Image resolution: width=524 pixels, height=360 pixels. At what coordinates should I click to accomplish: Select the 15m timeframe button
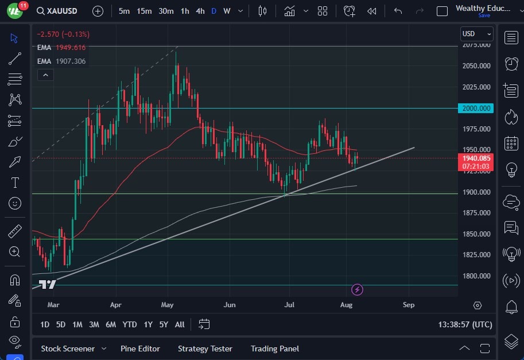point(144,11)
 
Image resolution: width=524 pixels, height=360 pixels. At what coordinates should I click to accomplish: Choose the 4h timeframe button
point(200,11)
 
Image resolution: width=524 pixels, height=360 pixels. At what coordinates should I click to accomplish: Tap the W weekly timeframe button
point(227,11)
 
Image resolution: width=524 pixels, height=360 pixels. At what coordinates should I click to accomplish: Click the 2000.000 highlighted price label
point(476,108)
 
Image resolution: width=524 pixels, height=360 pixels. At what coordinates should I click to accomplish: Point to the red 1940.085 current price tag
point(476,158)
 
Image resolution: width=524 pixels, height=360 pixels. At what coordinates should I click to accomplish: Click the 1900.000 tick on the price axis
point(476,192)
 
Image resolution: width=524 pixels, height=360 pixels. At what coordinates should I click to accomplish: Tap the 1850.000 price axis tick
point(476,234)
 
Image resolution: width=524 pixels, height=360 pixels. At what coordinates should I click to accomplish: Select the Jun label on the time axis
point(230,305)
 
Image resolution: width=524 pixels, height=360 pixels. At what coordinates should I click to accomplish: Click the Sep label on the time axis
point(409,305)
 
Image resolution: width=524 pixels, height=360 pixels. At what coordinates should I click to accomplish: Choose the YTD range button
point(130,324)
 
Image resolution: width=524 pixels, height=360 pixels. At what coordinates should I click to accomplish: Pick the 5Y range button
point(164,324)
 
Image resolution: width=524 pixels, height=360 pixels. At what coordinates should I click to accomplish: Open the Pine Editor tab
point(140,349)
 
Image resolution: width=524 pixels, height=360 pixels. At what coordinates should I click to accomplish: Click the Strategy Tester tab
point(205,349)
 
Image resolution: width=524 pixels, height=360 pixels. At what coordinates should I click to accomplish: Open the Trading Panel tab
point(275,349)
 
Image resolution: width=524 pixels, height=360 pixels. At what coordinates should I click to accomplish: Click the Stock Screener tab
point(68,349)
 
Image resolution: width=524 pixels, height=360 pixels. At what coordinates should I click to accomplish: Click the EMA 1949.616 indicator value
point(71,47)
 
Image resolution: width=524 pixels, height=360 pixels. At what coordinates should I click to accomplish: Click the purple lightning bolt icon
point(358,289)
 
